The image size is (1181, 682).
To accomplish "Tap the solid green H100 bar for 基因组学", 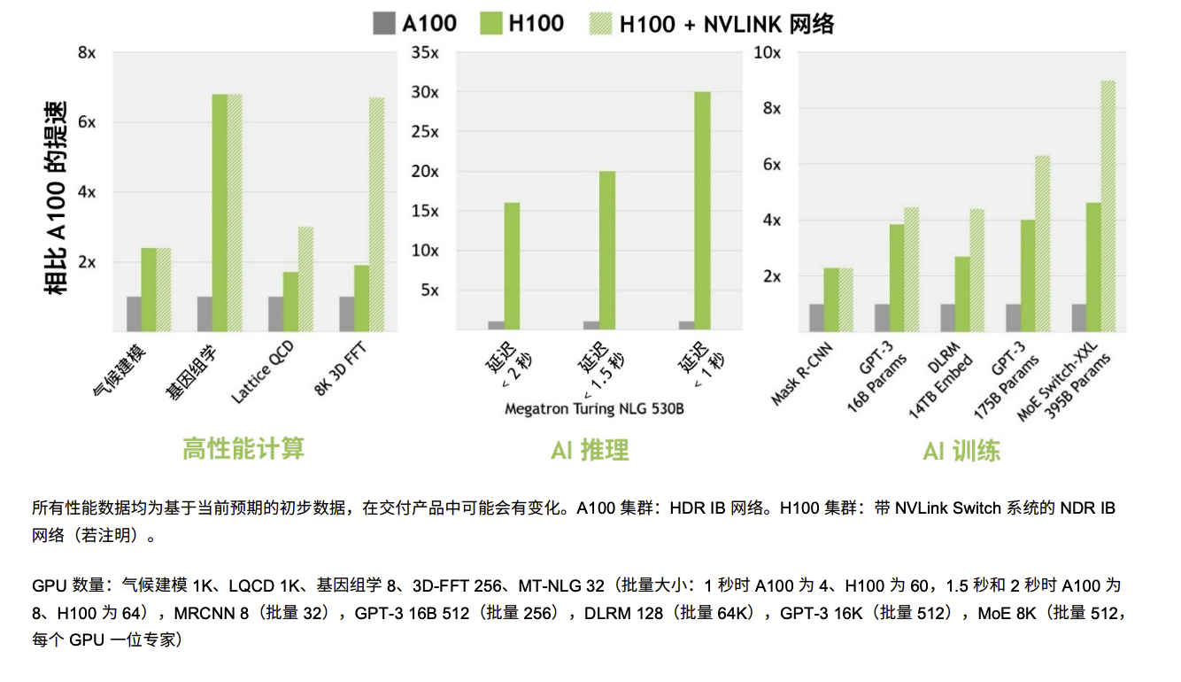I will point(219,213).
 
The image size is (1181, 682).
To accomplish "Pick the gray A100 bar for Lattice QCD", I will point(276,314).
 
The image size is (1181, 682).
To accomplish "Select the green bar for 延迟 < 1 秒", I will point(702,212).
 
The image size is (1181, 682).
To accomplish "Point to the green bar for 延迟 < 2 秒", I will point(512,267).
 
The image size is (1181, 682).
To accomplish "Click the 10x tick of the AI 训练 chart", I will point(767,53).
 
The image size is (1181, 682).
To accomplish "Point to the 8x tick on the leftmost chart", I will point(87,53).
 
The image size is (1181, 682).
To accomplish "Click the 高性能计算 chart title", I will point(243,448).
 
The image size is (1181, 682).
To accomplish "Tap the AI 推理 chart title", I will point(589,450).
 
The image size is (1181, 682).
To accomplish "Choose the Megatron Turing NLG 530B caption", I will point(594,408).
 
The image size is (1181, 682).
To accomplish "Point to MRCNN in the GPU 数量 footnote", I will point(201,613).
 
